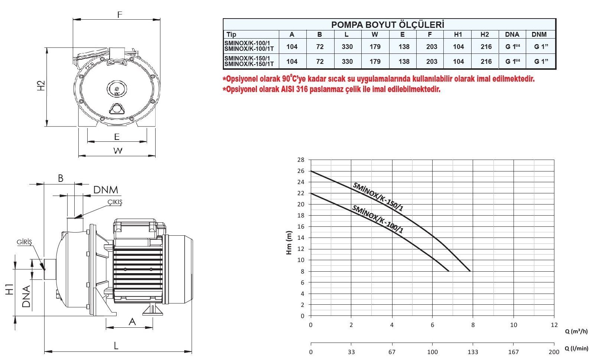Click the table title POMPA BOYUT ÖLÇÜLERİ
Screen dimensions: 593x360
point(388,24)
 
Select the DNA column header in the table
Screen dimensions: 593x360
point(512,35)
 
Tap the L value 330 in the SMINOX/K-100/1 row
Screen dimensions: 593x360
point(347,46)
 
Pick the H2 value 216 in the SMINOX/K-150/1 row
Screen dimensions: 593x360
point(486,61)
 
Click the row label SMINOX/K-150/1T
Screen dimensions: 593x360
point(249,64)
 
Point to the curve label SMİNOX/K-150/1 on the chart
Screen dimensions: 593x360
point(378,197)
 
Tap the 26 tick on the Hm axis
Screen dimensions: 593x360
point(301,171)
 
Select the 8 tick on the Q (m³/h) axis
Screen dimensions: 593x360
point(473,325)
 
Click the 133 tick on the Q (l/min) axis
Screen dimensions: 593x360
point(473,352)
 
